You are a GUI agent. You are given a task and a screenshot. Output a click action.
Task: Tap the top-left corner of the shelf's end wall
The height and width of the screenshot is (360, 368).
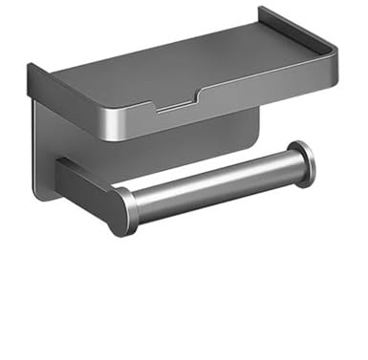click(x=30, y=67)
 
